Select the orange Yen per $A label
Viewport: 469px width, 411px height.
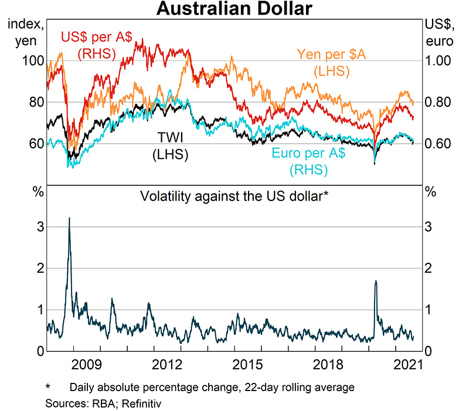click(x=332, y=63)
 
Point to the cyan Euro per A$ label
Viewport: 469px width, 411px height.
click(x=308, y=161)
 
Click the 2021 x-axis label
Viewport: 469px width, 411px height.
click(x=407, y=365)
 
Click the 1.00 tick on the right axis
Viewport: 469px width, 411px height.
click(x=438, y=61)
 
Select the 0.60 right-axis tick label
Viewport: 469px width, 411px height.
click(x=438, y=144)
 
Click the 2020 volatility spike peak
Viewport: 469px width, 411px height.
click(x=375, y=281)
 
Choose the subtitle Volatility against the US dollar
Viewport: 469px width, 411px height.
click(x=233, y=196)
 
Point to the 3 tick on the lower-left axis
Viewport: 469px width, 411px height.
click(x=40, y=227)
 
